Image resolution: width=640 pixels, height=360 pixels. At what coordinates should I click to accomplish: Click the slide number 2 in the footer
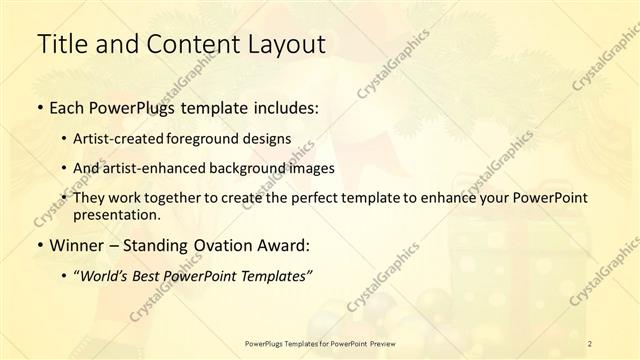(x=590, y=344)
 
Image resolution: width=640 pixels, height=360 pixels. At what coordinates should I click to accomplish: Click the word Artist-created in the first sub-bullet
(x=118, y=138)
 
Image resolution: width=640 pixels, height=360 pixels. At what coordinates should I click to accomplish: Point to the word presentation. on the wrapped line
(x=117, y=214)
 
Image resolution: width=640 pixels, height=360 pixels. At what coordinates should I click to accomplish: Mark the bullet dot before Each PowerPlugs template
(x=39, y=107)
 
